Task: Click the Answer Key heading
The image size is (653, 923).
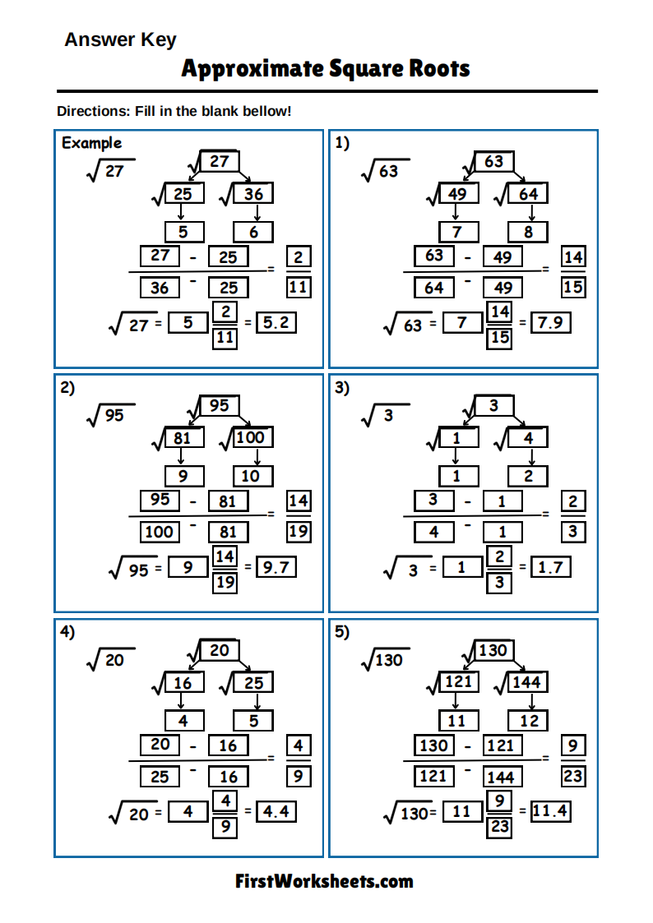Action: pyautogui.click(x=120, y=39)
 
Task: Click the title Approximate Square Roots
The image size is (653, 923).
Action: pyautogui.click(x=326, y=68)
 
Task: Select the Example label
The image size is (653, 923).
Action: pyautogui.click(x=91, y=143)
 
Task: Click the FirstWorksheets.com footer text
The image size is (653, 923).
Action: pyautogui.click(x=324, y=882)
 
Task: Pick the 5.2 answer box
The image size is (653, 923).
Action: pyautogui.click(x=276, y=323)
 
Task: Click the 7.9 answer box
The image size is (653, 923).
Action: pyautogui.click(x=550, y=323)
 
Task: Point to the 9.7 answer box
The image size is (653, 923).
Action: pyautogui.click(x=276, y=567)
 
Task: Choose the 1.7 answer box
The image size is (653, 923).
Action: pyautogui.click(x=550, y=567)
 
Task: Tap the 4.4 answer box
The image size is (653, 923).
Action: pyautogui.click(x=276, y=812)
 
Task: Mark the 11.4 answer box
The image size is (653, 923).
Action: pyautogui.click(x=550, y=812)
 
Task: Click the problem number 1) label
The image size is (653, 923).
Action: pyautogui.click(x=342, y=143)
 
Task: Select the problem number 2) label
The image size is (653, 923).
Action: pyautogui.click(x=67, y=388)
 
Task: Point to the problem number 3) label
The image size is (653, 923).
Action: pyautogui.click(x=342, y=388)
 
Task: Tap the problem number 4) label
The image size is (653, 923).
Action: pyautogui.click(x=67, y=632)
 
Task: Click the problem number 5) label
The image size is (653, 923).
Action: pyautogui.click(x=342, y=632)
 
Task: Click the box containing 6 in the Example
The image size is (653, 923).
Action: pyautogui.click(x=253, y=233)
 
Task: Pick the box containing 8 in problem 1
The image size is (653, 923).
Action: pyautogui.click(x=528, y=233)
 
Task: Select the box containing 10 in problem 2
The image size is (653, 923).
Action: pyautogui.click(x=252, y=477)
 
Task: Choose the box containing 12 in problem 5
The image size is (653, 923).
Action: pyautogui.click(x=528, y=721)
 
